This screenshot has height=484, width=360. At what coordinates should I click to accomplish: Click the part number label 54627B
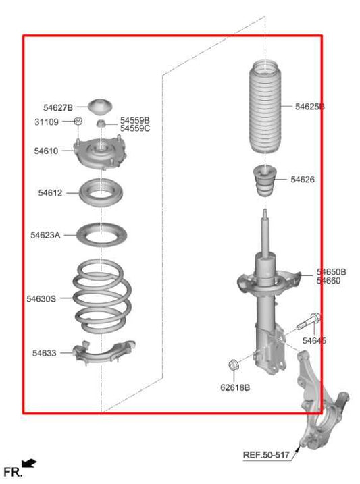pos(57,107)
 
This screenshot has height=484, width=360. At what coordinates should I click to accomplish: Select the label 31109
pos(47,122)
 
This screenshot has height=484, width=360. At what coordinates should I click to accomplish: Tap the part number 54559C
pos(135,128)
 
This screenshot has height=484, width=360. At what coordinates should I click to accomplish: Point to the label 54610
pos(47,151)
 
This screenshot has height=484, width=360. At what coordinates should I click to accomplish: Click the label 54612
pos(50,193)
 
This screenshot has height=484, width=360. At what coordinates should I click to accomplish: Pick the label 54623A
pos(45,235)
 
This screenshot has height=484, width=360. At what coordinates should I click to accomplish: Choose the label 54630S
pos(42,298)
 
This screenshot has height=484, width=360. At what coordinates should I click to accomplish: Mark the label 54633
pos(44,352)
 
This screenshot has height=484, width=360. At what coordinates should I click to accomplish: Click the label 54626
pos(303,180)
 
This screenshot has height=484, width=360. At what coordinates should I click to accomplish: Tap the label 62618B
pos(234,387)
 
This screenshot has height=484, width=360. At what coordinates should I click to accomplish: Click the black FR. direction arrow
pos(30,463)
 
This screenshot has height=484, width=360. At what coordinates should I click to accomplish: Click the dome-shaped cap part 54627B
pos(100,106)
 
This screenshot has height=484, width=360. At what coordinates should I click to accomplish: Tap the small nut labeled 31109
pos(78,122)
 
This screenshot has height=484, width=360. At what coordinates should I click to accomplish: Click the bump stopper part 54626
pos(265,181)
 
